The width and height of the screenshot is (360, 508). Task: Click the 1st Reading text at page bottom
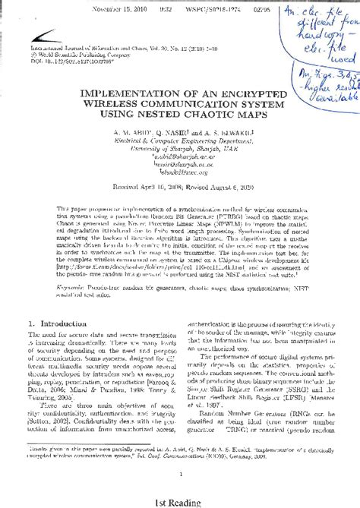[x=179, y=501]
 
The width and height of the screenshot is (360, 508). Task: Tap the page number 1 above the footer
[x=179, y=473]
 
